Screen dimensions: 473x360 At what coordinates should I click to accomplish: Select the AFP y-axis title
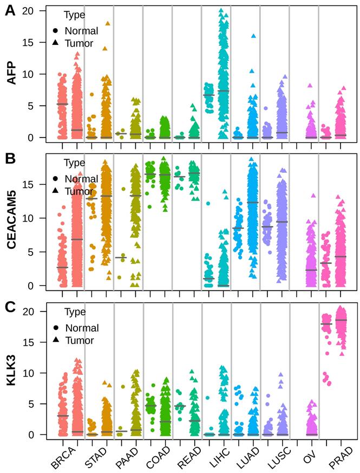pyautogui.click(x=10, y=74)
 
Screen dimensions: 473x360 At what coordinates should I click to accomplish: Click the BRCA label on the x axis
pyautogui.click(x=65, y=453)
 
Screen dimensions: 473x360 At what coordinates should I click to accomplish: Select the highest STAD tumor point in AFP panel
pyautogui.click(x=107, y=24)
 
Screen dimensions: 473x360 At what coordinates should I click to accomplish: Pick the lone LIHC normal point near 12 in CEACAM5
pyautogui.click(x=207, y=204)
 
